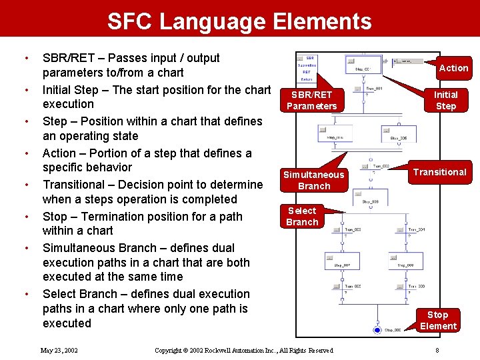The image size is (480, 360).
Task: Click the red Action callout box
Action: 453,67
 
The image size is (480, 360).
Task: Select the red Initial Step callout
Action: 446,100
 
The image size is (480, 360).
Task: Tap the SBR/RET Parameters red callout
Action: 311,100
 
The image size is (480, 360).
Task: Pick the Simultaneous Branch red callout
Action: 314,180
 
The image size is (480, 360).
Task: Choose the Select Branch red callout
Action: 302,216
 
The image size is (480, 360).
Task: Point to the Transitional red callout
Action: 439,172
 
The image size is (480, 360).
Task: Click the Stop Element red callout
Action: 438,320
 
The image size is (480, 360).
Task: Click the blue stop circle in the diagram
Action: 377,329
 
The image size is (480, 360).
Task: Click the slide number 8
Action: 437,350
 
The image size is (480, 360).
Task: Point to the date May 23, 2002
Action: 59,350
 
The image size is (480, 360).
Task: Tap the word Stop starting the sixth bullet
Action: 55,216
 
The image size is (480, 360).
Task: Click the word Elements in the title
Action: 322,21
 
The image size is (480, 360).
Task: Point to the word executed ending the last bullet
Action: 67,323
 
